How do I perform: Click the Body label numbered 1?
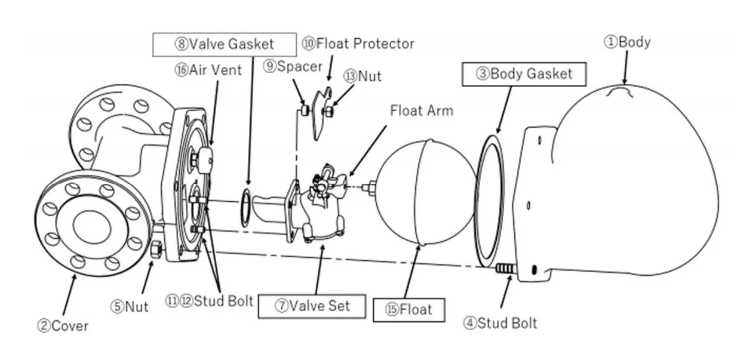pyautogui.click(x=627, y=42)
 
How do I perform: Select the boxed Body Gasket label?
pyautogui.click(x=523, y=74)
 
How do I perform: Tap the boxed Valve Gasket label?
pyautogui.click(x=224, y=44)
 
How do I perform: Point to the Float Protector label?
pyautogui.click(x=358, y=44)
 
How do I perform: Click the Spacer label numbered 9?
pyautogui.click(x=292, y=66)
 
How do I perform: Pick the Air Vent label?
pyautogui.click(x=208, y=70)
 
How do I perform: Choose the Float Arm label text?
pyautogui.click(x=421, y=110)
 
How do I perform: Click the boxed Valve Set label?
pyautogui.click(x=312, y=306)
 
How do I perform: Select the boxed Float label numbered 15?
pyautogui.click(x=408, y=310)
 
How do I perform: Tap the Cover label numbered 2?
pyautogui.click(x=63, y=325)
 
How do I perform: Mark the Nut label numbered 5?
pyautogui.click(x=129, y=307)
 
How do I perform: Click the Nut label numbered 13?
pyautogui.click(x=362, y=76)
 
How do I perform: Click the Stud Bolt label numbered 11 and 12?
pyautogui.click(x=209, y=300)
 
